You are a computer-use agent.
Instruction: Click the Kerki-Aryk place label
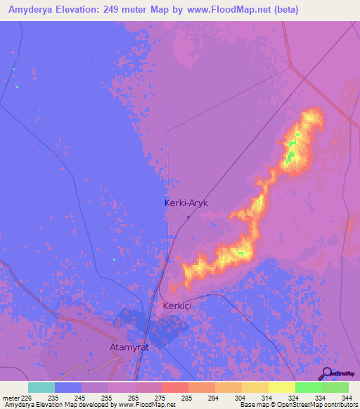pyautogui.click(x=186, y=202)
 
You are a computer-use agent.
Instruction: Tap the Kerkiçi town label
pyautogui.click(x=177, y=306)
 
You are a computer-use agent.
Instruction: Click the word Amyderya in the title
pyautogui.click(x=33, y=10)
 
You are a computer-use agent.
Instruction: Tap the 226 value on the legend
pyautogui.click(x=26, y=398)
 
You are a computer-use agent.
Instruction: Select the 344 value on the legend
pyautogui.click(x=347, y=398)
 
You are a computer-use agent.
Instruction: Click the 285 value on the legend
pyautogui.click(x=186, y=398)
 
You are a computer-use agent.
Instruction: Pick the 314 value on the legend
pyautogui.click(x=266, y=398)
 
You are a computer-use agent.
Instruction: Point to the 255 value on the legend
pyautogui.click(x=106, y=398)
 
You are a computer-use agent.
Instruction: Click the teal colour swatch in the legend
pyautogui.click(x=41, y=387)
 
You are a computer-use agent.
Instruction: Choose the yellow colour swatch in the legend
pyautogui.click(x=281, y=387)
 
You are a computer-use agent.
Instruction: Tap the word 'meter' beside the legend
pyautogui.click(x=10, y=398)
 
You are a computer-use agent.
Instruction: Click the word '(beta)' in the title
pyautogui.click(x=285, y=10)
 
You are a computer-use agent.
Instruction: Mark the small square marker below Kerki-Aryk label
pyautogui.click(x=188, y=216)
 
